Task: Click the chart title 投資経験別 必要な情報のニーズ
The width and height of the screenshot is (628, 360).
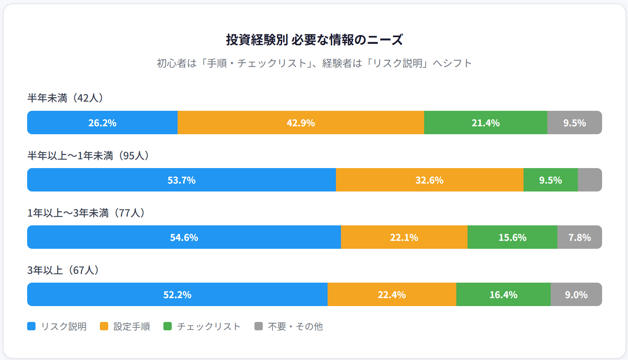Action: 314,40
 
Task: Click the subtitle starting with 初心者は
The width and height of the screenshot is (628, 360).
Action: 314,63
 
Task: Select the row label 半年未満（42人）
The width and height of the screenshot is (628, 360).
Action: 66,98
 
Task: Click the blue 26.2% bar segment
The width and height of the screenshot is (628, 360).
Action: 102,123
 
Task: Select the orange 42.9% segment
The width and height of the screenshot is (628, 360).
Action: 301,123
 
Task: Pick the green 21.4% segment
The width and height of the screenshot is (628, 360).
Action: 486,123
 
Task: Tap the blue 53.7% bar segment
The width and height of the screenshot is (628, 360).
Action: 181,180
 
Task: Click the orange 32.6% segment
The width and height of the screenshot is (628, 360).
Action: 430,180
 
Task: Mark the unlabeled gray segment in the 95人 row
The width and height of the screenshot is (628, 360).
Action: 590,180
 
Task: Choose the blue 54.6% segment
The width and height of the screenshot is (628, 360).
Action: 184,237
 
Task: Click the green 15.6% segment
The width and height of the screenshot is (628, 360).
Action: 512,237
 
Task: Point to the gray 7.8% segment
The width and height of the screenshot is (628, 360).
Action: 580,237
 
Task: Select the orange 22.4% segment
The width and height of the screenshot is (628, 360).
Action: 392,294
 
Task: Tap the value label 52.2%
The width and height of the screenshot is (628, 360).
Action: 177,295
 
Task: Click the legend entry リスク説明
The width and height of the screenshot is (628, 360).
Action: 57,326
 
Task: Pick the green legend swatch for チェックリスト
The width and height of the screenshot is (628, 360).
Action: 168,326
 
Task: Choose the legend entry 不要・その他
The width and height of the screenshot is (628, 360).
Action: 289,326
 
